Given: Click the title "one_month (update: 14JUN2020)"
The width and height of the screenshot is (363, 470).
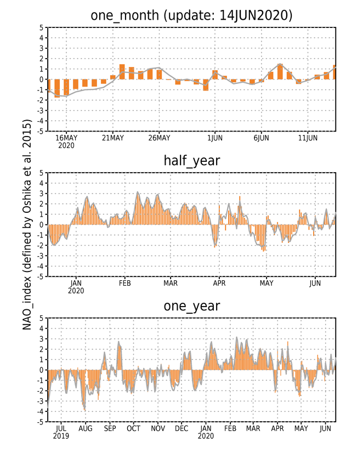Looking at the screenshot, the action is pos(191,15).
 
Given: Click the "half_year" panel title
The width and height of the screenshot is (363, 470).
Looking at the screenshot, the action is pos(191,161).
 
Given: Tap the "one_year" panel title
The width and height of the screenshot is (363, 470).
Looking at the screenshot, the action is pos(191,306).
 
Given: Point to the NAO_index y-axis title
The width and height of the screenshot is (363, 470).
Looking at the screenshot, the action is pos(27,224).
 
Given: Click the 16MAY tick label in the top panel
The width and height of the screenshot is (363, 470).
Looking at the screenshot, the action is pos(66,138).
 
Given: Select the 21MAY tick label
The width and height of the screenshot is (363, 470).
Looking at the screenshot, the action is pos(113,138).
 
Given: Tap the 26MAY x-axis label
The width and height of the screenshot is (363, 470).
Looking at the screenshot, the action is pos(159,138).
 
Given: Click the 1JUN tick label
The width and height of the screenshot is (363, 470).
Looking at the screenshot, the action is pos(215,138).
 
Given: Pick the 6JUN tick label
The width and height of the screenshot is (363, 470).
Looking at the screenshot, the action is pos(262,138).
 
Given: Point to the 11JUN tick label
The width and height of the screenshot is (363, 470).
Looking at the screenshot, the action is pos(308,138).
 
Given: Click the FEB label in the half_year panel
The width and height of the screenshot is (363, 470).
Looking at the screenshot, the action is pos(124,283).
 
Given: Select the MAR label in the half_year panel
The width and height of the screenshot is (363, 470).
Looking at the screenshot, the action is pos(171,283).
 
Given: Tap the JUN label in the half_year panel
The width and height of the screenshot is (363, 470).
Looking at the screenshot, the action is pos(315,283).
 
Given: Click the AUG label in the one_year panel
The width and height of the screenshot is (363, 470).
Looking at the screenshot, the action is pos(86,428).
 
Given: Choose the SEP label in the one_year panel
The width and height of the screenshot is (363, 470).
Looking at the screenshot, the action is pos(110,428).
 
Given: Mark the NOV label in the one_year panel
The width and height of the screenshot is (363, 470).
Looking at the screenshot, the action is pos(158,428).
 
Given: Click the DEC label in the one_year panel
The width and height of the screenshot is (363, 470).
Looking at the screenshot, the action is pos(181,428).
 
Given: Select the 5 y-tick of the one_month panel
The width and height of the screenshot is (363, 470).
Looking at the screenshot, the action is pos(41,27).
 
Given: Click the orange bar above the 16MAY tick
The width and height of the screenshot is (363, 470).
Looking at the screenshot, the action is pos(66,87).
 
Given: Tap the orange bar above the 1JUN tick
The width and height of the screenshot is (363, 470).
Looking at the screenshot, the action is pos(215,75).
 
